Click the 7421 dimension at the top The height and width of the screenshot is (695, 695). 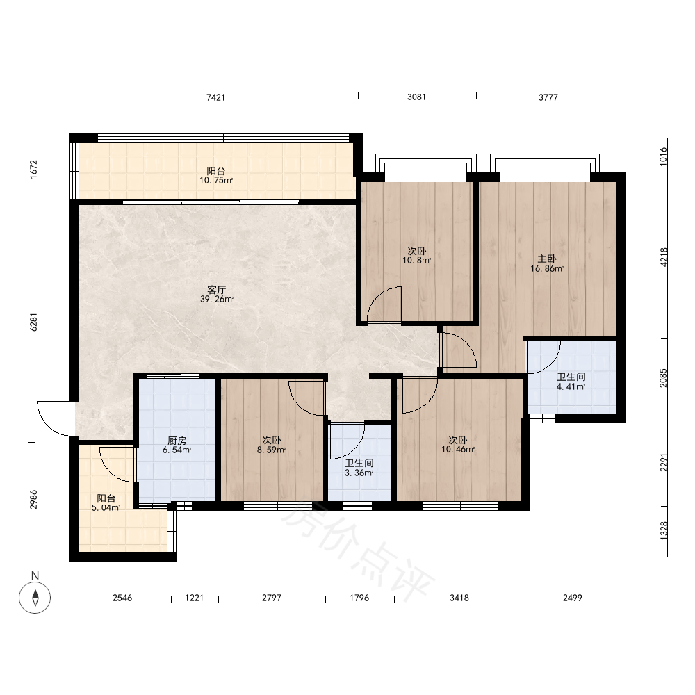[216, 97]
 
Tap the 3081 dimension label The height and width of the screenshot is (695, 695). [416, 97]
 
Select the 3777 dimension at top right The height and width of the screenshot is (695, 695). [548, 97]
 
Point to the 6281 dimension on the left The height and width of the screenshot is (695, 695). [33, 322]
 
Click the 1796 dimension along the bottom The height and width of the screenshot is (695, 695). [359, 598]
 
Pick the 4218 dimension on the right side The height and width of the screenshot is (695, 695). [664, 257]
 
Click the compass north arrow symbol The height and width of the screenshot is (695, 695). [35, 598]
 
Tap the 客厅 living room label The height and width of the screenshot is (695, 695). [217, 290]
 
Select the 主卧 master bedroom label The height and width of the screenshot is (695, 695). [547, 259]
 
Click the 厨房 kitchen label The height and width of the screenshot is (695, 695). [177, 441]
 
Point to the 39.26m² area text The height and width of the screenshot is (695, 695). [217, 299]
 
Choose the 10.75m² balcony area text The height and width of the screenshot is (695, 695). [216, 181]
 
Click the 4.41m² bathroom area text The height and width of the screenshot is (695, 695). [571, 386]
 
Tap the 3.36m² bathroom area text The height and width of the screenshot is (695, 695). [359, 473]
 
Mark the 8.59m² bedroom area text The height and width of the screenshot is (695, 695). [271, 450]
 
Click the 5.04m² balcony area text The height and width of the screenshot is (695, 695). [106, 508]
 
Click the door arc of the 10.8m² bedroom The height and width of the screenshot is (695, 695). [377, 296]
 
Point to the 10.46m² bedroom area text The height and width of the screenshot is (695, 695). [458, 450]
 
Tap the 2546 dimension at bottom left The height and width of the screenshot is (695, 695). [122, 598]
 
